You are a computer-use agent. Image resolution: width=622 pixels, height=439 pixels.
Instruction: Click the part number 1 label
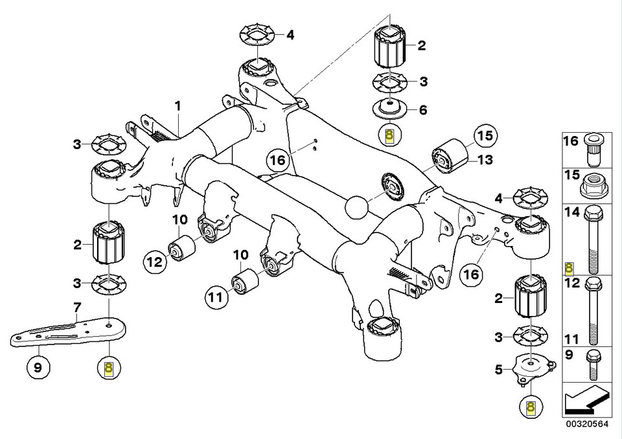[178, 105]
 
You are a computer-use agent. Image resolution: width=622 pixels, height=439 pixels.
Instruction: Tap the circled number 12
[154, 262]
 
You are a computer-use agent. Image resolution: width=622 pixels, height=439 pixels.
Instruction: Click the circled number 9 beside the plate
[38, 368]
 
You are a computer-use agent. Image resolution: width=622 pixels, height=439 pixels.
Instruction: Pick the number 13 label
[485, 160]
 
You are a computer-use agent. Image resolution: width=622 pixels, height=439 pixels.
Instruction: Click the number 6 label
[422, 110]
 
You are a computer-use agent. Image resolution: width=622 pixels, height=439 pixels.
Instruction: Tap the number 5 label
[499, 370]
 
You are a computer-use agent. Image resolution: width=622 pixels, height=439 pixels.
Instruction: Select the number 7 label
[76, 308]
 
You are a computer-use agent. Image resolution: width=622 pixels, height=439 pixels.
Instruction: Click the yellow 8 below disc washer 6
[389, 136]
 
